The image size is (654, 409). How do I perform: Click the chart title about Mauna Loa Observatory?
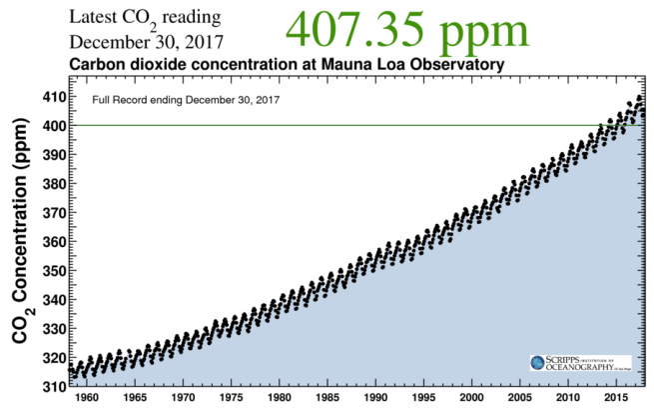(285, 65)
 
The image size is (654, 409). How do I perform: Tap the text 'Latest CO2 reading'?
(145, 19)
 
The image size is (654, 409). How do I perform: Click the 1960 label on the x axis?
(86, 398)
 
